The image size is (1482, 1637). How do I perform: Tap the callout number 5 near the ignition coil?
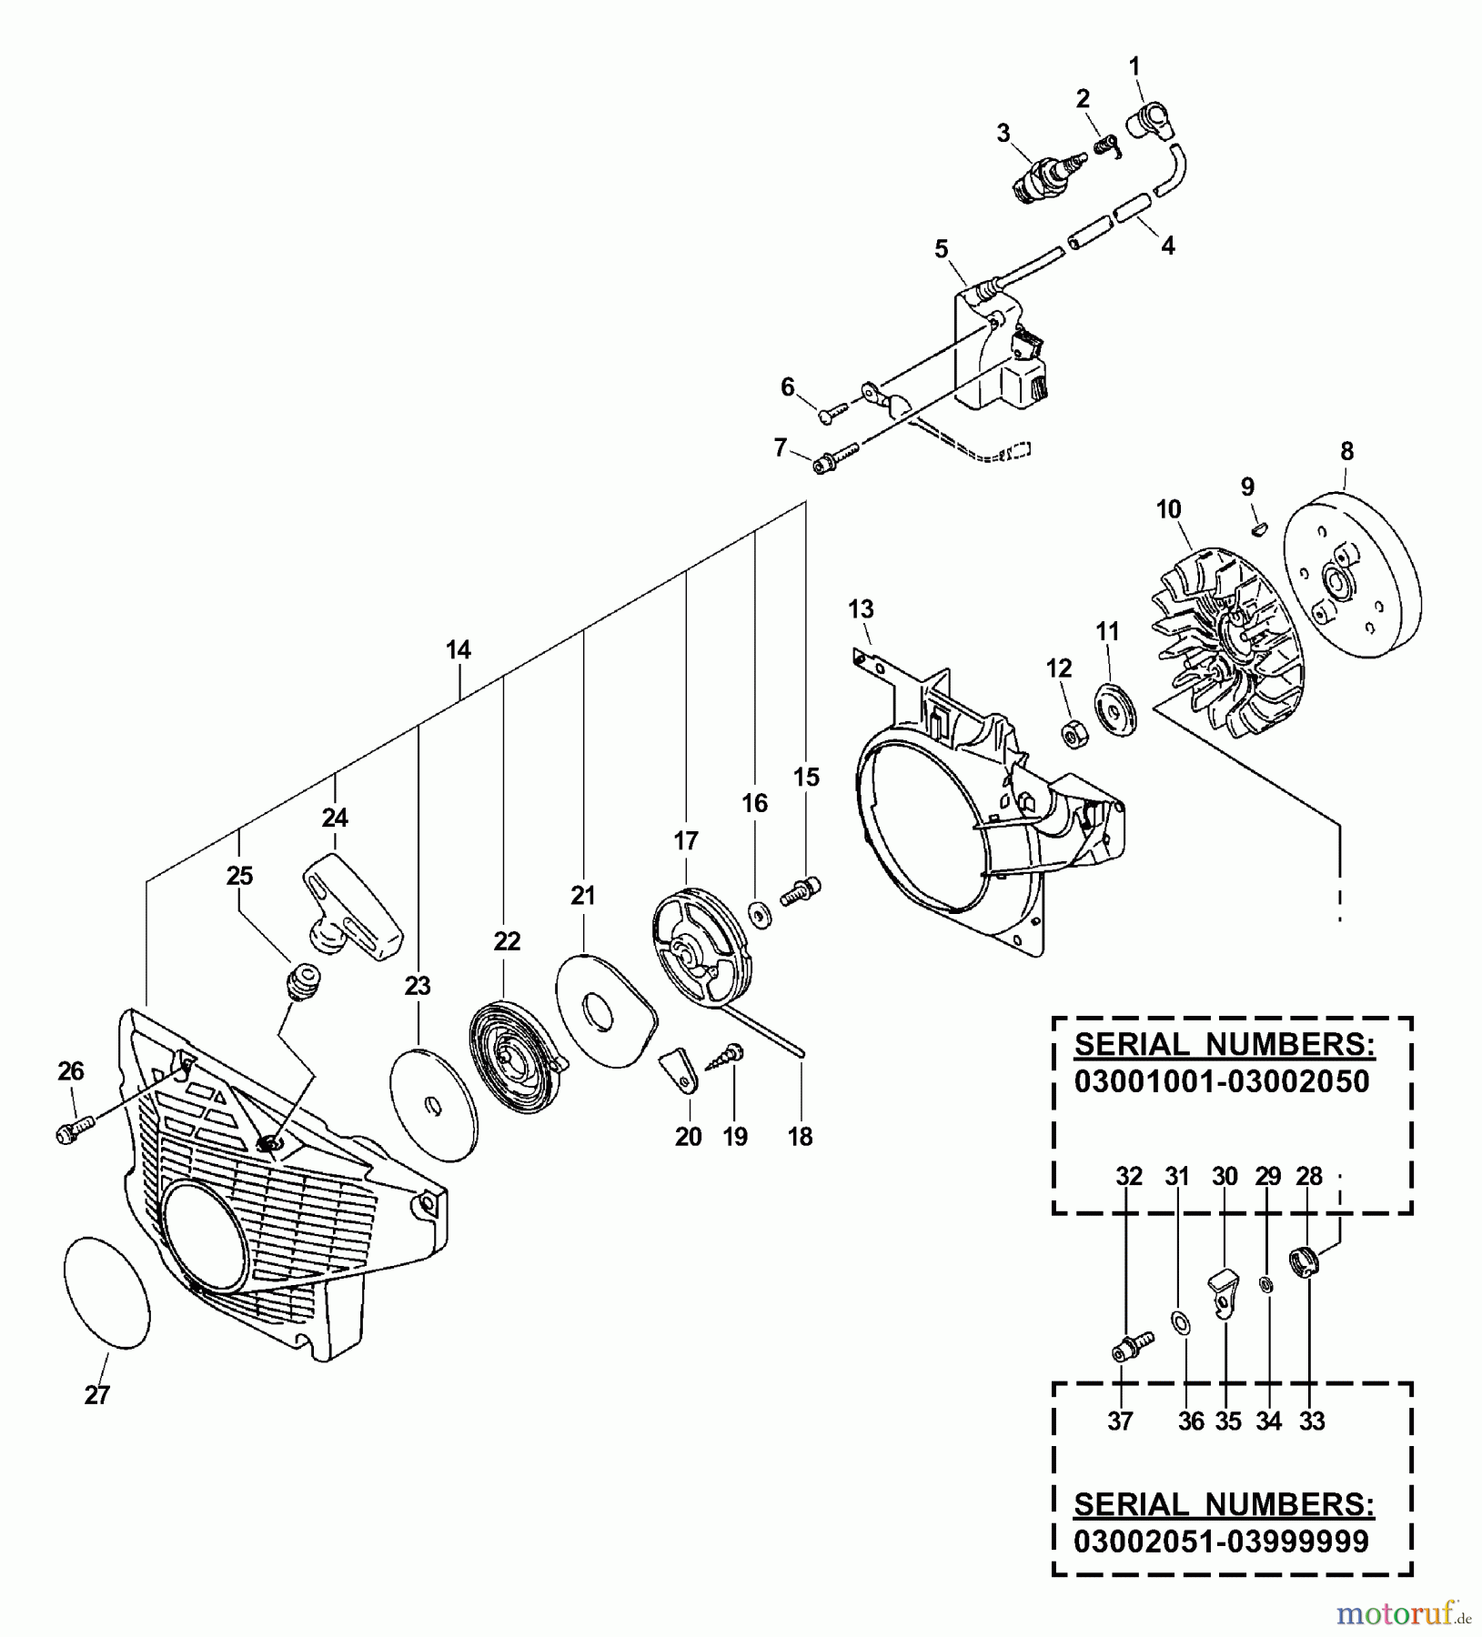pyautogui.click(x=942, y=248)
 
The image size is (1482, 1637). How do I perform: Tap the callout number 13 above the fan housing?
pyautogui.click(x=861, y=608)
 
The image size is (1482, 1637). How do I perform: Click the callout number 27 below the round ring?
pyautogui.click(x=97, y=1395)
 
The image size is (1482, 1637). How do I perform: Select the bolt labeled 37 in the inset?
pyautogui.click(x=1129, y=1347)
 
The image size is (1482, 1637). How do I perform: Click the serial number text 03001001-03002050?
pyautogui.click(x=1222, y=1081)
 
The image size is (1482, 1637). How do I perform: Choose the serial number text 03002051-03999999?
pyautogui.click(x=1221, y=1542)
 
